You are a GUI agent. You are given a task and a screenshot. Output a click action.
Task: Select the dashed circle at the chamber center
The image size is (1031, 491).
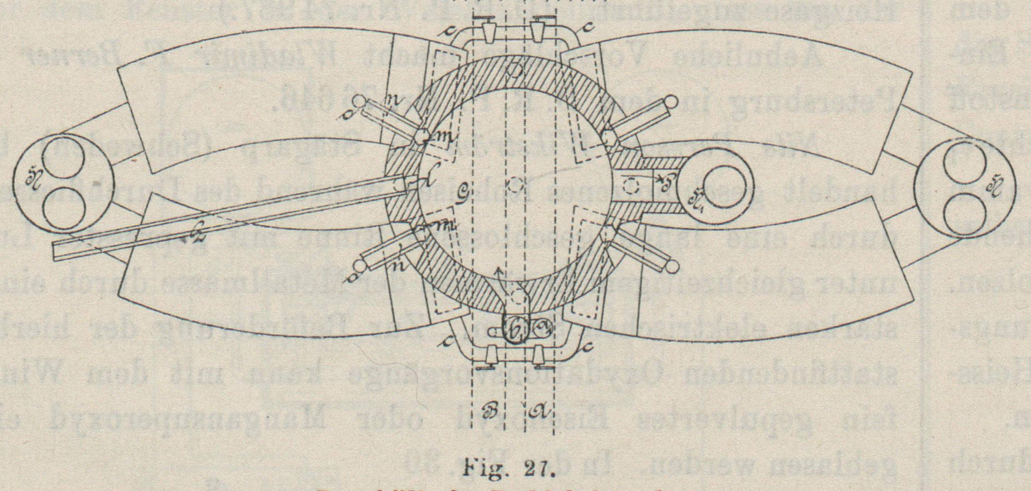[x=515, y=185]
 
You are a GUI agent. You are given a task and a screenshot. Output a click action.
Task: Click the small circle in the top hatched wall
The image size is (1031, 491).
[x=515, y=71]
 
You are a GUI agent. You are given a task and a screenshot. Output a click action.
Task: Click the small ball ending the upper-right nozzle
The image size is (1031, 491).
[x=671, y=100]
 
